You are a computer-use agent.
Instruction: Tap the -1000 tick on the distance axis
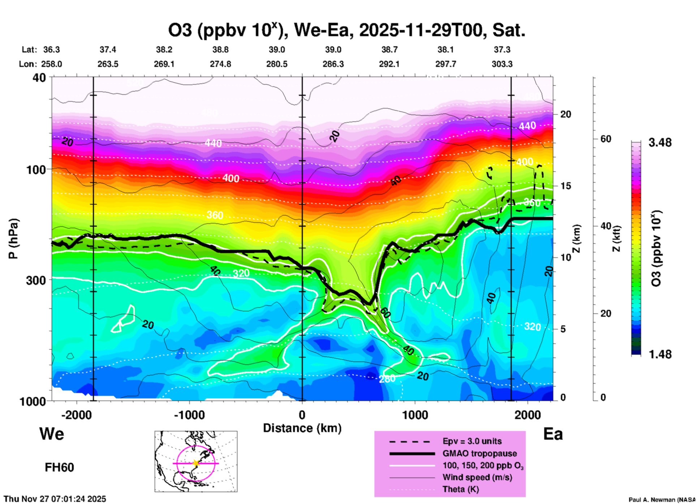coord(189,415)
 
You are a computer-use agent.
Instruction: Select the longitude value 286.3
coord(333,64)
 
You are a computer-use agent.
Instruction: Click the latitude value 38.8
coord(220,50)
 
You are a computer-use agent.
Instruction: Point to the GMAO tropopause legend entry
coord(480,453)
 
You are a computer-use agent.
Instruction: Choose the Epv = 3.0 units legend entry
coord(472,441)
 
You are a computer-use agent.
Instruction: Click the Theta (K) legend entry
coord(460,490)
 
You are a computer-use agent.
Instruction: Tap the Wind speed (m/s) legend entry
coord(477,478)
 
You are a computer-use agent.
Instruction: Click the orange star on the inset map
coord(196,463)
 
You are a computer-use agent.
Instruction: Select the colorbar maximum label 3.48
coord(660,143)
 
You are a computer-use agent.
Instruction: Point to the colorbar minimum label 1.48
coord(660,354)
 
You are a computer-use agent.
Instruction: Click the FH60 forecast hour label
coord(59,467)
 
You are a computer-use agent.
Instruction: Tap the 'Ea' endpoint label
coord(553,434)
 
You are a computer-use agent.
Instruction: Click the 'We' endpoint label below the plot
coord(52,433)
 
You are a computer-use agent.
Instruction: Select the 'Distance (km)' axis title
coord(302,428)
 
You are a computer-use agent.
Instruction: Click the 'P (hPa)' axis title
coord(13,239)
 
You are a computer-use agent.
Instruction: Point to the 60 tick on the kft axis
coord(605,139)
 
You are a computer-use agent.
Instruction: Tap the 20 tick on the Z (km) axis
coord(566,114)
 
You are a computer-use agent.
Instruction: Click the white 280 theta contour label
coord(387,379)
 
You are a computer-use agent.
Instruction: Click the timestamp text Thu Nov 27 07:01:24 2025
coord(55,499)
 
